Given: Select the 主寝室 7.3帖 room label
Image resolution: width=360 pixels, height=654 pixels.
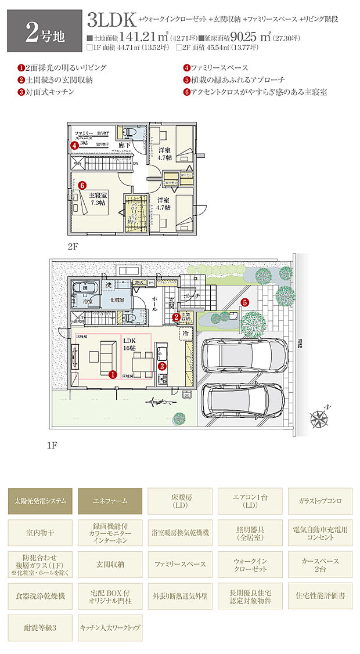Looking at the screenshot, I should tap(96, 199).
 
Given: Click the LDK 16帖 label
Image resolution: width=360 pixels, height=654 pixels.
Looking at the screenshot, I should tap(129, 343).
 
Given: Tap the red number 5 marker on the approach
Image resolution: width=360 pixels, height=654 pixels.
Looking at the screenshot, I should tap(245, 302).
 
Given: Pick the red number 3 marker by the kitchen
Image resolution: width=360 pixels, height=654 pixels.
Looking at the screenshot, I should tap(162, 366).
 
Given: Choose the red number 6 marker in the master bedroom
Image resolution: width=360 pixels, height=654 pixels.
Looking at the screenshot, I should tap(82, 185).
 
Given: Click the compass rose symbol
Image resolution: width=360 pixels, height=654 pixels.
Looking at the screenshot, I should tap(319, 417).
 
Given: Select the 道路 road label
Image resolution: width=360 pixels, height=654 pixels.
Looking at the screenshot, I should tap(300, 346).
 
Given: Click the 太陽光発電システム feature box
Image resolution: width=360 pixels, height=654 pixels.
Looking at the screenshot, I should tap(41, 500).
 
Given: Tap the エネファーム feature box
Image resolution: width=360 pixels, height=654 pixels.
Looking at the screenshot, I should tap(110, 500).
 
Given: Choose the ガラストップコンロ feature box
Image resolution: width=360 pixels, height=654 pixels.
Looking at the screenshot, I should tap(319, 500).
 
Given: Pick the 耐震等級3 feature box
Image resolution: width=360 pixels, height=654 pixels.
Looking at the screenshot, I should tap(41, 628).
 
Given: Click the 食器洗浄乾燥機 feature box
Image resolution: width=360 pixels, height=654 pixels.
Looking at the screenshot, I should tap(41, 596).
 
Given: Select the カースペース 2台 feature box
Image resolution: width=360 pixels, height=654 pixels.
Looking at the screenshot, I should tap(319, 564).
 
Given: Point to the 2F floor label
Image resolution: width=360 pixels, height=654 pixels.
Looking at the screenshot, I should tap(73, 246).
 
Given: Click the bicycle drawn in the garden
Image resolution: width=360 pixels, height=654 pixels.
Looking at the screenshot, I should tap(153, 400).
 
